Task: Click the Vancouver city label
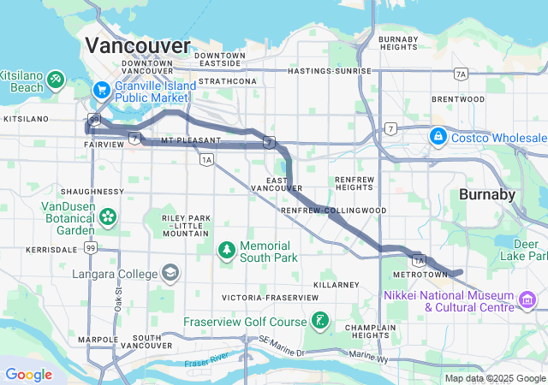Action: click(x=138, y=45)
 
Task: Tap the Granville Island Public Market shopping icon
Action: click(x=101, y=88)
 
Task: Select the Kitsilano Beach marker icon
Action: click(x=56, y=79)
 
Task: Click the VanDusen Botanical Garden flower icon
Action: click(x=108, y=216)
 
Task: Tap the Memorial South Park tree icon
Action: click(x=227, y=250)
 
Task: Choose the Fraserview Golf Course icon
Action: click(x=319, y=321)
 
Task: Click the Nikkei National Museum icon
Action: click(x=527, y=299)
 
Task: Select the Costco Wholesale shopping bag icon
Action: click(x=438, y=137)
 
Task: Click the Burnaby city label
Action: click(x=487, y=194)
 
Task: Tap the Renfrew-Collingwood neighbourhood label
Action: click(x=334, y=210)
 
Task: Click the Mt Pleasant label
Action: click(x=184, y=139)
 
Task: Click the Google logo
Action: click(x=28, y=375)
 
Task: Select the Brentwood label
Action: click(x=458, y=99)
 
